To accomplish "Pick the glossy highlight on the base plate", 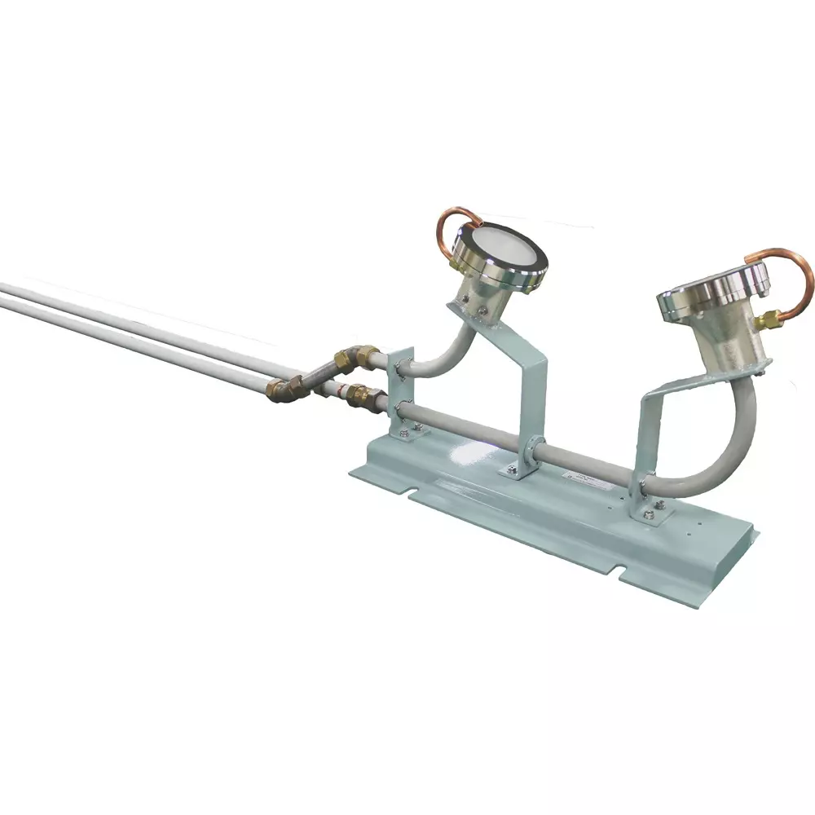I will [473, 452].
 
